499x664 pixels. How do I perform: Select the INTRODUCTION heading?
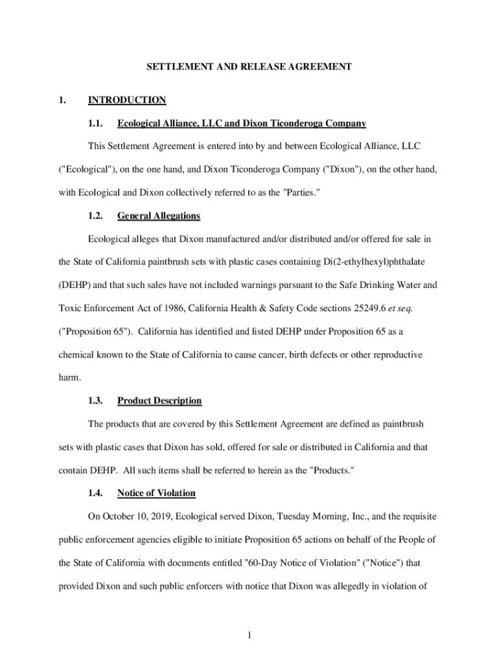[x=127, y=100]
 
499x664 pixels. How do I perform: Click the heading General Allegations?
[x=159, y=216]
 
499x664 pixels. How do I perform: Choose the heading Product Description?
[x=159, y=401]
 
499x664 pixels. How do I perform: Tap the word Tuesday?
[x=300, y=517]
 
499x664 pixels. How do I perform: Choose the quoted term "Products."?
[x=329, y=470]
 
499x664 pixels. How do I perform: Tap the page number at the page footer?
[x=249, y=635]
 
